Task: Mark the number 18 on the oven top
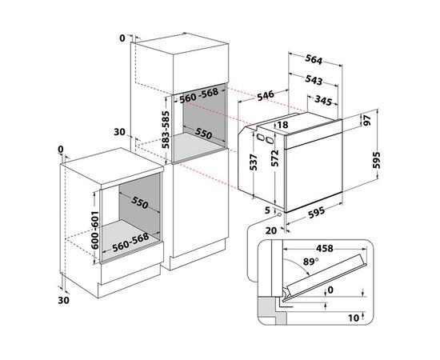tap(282, 126)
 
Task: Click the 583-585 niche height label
tap(166, 127)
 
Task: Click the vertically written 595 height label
tap(389, 163)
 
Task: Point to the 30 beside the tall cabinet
tap(120, 131)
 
